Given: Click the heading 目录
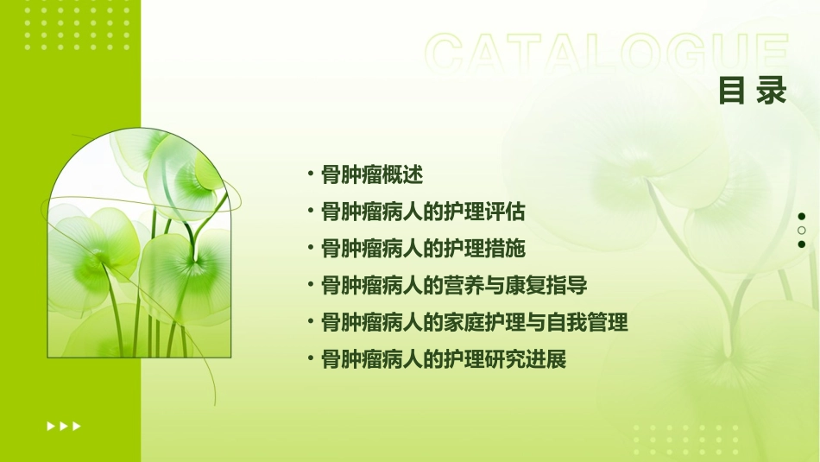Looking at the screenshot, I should point(753,90).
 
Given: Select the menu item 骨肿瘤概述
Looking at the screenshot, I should point(372,174).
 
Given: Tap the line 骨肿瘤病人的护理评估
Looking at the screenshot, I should point(423,212).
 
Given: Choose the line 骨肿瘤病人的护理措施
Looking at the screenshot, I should point(423,249).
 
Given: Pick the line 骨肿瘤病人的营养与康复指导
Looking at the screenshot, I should point(454,286).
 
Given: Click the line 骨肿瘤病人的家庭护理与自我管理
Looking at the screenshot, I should point(474,323).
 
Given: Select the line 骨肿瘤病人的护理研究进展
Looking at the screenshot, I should point(444,359).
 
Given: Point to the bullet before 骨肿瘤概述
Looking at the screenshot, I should point(311,174).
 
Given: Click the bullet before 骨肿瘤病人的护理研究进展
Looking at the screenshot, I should point(311,359).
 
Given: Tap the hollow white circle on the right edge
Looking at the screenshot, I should point(802,231).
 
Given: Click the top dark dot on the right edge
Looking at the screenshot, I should point(802,217).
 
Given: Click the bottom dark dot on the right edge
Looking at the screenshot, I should point(802,244).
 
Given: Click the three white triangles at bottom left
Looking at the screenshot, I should point(63,426).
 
